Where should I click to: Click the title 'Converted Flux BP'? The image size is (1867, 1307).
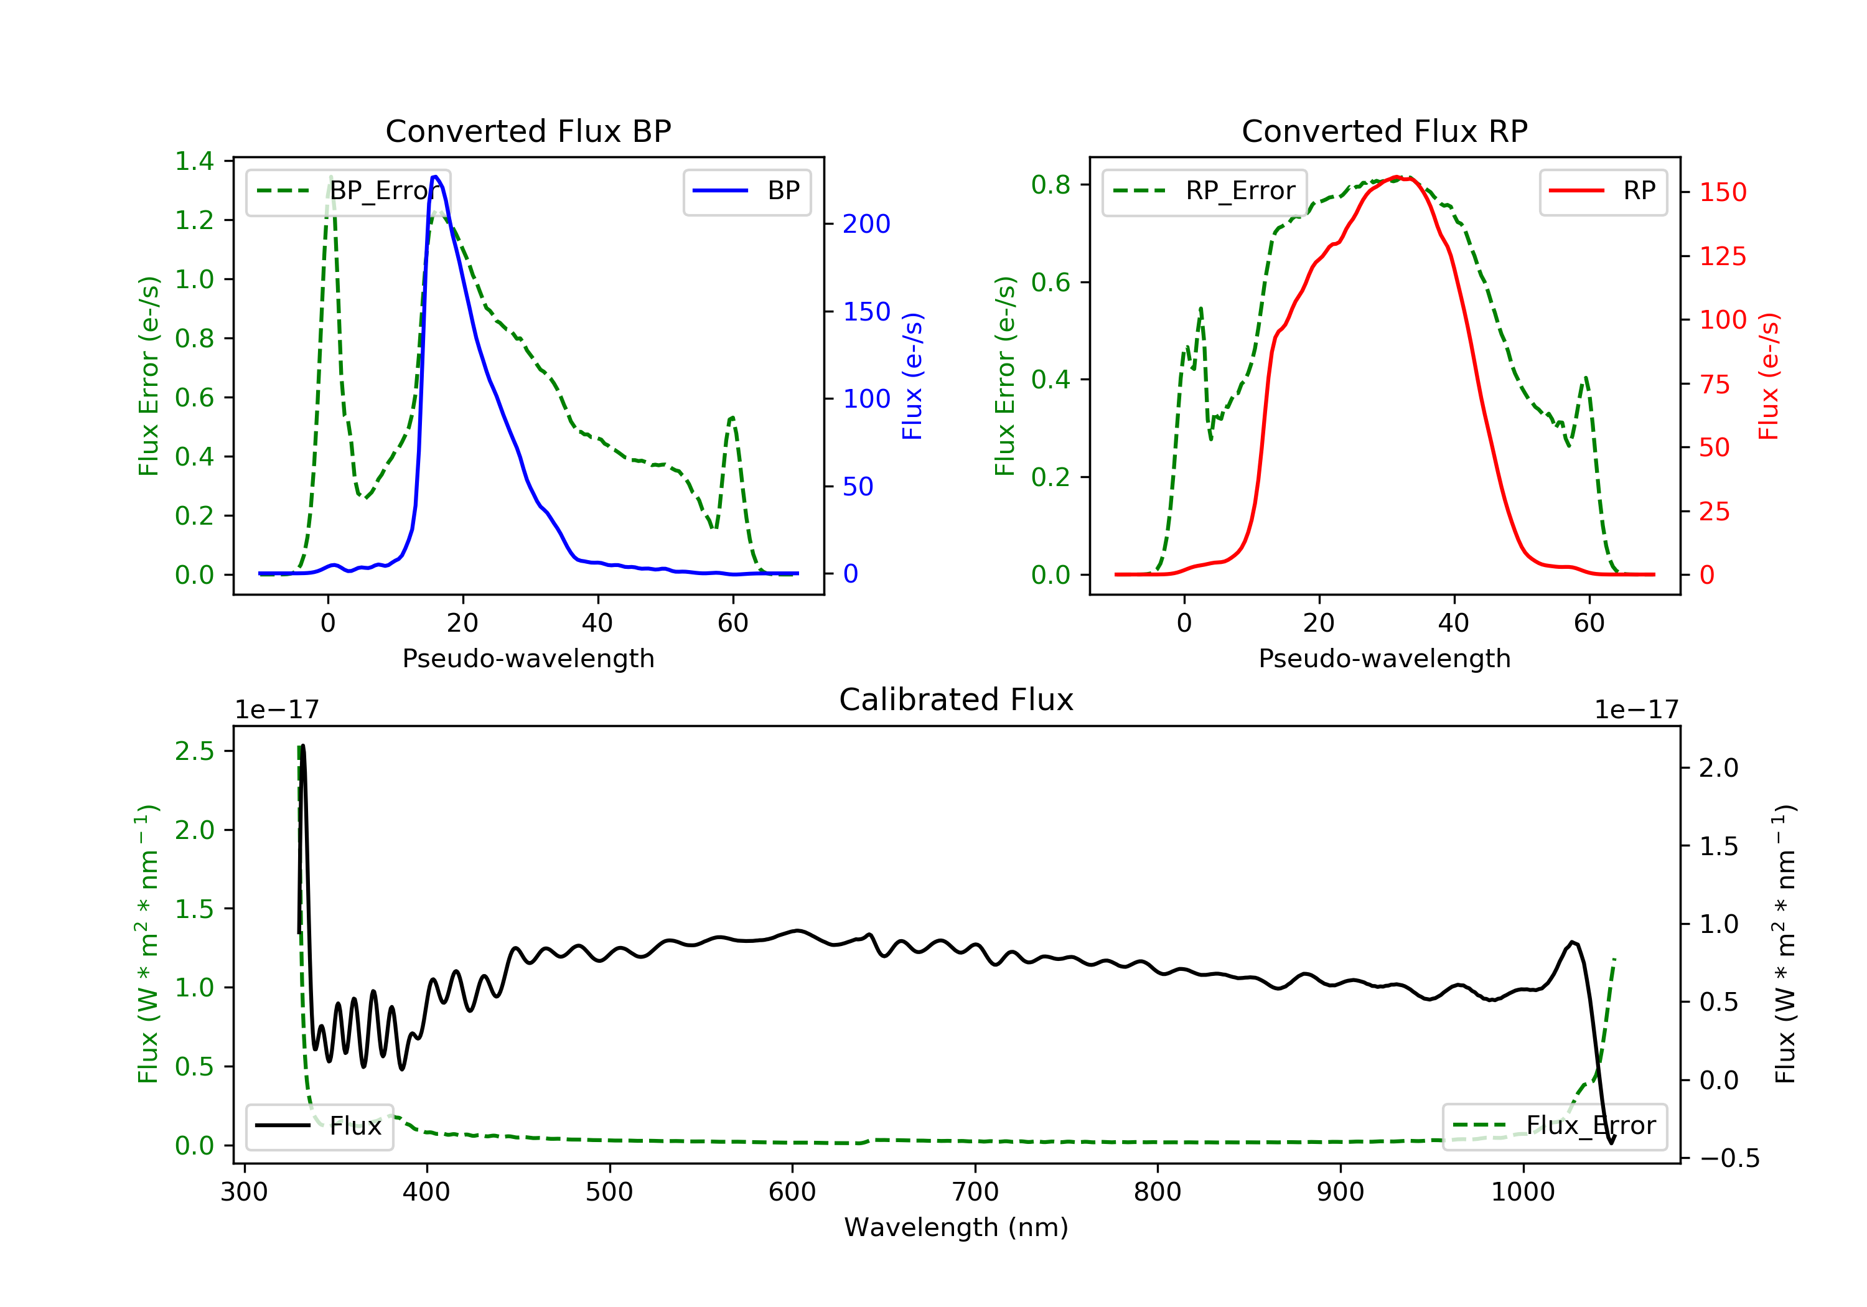pyautogui.click(x=528, y=131)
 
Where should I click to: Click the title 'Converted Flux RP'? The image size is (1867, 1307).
pyautogui.click(x=1384, y=131)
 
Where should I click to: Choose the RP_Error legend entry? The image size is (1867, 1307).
pyautogui.click(x=1204, y=191)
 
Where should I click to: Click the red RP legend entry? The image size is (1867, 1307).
pyautogui.click(x=1603, y=191)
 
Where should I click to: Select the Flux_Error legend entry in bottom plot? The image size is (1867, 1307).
pyautogui.click(x=1554, y=1126)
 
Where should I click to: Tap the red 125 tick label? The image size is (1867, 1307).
pyautogui.click(x=1722, y=256)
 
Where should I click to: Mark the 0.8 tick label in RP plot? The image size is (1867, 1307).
pyautogui.click(x=1050, y=185)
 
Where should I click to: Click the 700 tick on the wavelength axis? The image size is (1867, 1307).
pyautogui.click(x=975, y=1192)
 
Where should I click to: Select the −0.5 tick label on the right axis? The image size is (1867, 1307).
pyautogui.click(x=1729, y=1158)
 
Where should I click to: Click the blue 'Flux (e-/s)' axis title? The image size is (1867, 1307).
pyautogui.click(x=912, y=376)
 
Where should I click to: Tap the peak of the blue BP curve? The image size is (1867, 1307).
pyautogui.click(x=436, y=177)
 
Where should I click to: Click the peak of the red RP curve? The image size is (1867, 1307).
pyautogui.click(x=1395, y=177)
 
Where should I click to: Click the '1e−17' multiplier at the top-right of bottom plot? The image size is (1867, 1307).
pyautogui.click(x=1636, y=710)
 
